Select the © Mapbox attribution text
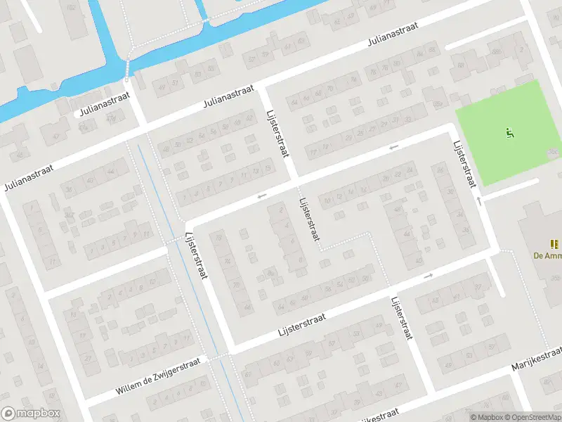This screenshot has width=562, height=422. point(485,417)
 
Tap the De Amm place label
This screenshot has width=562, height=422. point(547,256)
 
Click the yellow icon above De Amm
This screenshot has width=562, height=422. point(554,244)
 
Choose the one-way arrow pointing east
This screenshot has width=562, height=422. point(428,276)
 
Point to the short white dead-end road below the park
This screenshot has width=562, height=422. point(513,187)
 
